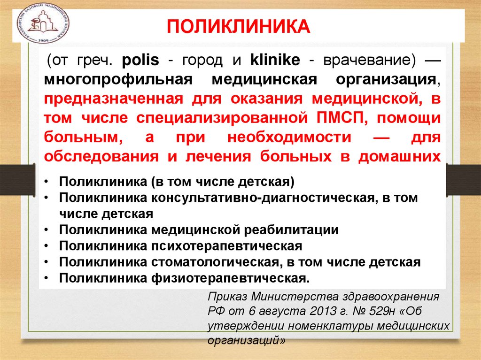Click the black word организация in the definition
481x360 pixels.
click(387, 80)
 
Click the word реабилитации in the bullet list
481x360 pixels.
click(290, 230)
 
